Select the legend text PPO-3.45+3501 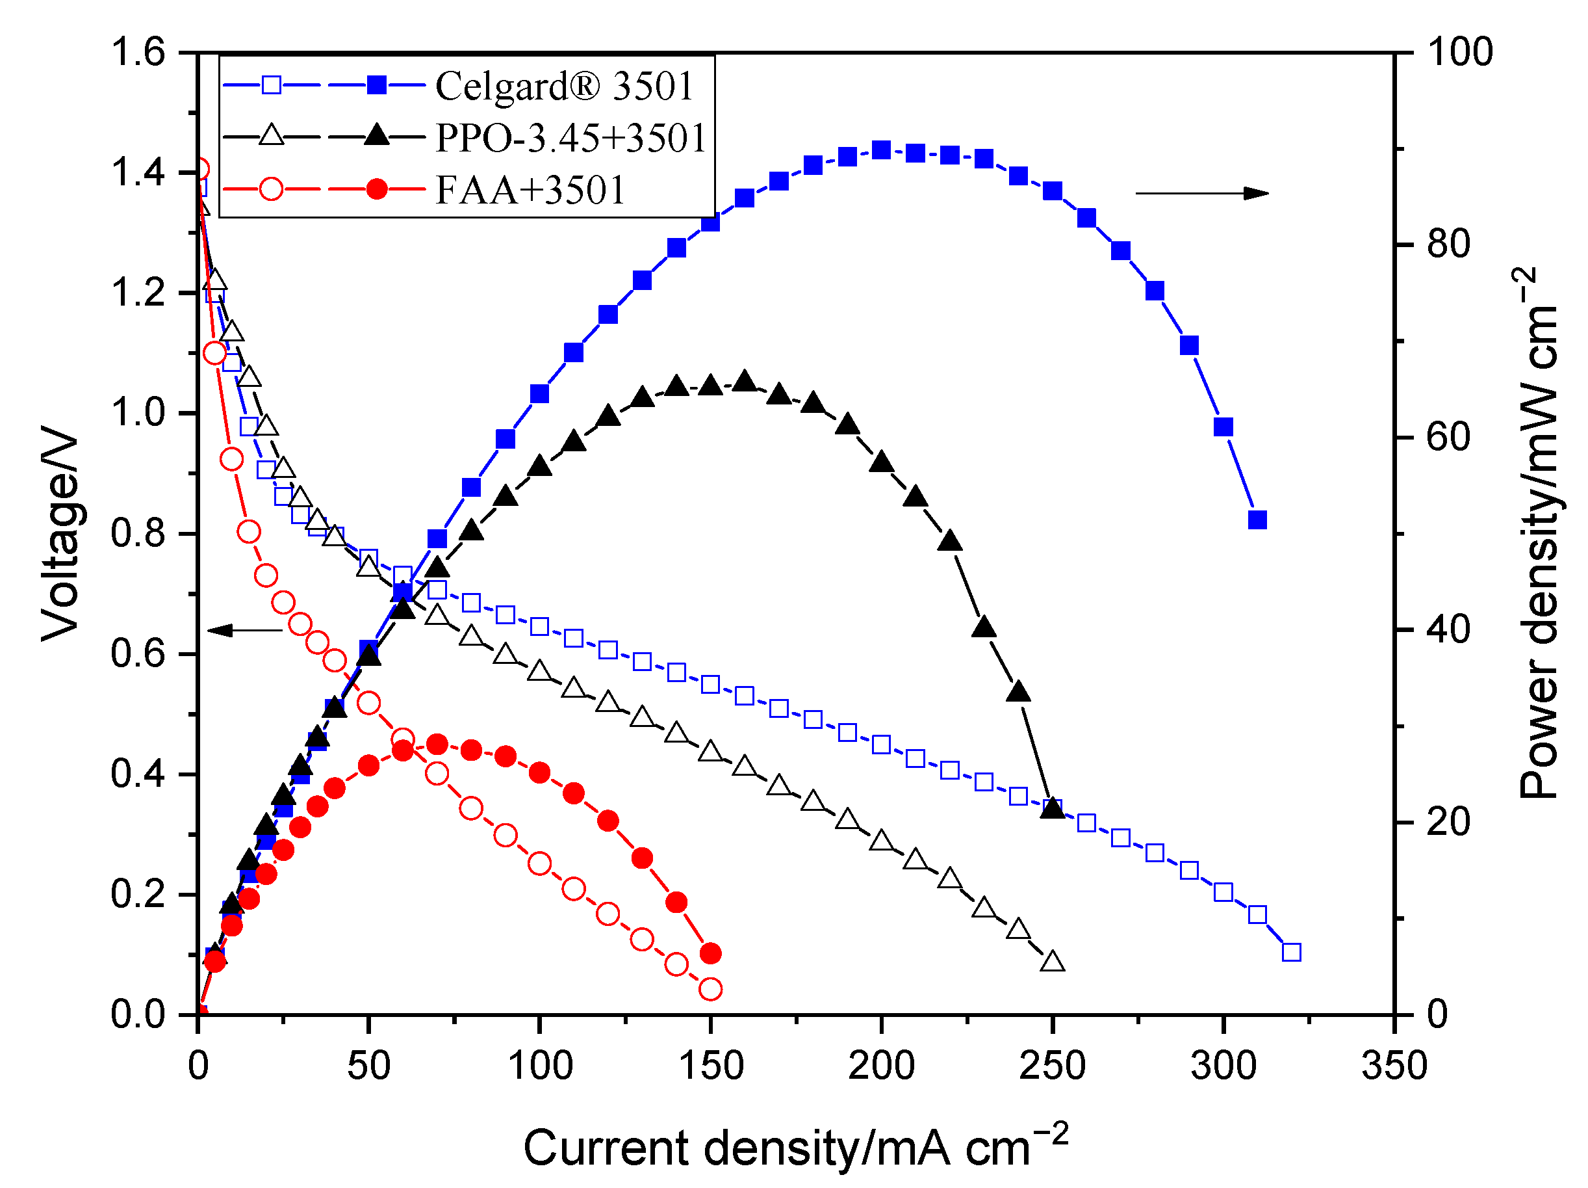571,138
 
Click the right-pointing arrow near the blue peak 1202,193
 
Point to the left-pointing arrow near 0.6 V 245,631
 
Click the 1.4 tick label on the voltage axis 138,172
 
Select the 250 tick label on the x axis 1052,1066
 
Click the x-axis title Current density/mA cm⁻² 795,1147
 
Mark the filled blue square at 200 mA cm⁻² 881,150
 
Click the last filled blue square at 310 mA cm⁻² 1257,520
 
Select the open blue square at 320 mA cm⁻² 1292,953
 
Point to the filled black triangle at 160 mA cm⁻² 745,382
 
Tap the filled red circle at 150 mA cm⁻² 710,953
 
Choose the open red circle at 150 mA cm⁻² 710,989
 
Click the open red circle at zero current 200,170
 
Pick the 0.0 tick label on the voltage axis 138,1014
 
